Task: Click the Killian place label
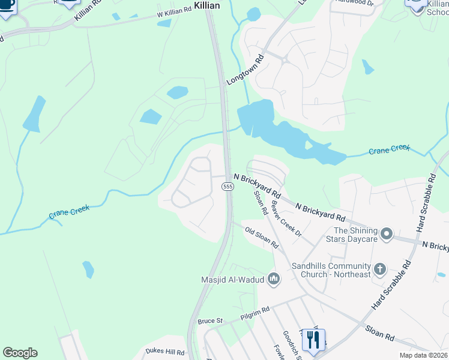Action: coord(203,5)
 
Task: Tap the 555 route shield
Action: coord(228,187)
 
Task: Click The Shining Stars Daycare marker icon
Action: coord(387,233)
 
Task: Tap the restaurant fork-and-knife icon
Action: coord(313,340)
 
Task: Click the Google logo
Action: coord(20,353)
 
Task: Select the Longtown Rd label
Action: coord(246,69)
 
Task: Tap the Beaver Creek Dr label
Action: coord(286,218)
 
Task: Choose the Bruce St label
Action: coord(210,321)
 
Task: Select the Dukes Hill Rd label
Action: coord(164,353)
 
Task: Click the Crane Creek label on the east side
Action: coord(389,148)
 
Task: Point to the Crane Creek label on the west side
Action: coord(70,211)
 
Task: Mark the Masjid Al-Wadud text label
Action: coord(232,278)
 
